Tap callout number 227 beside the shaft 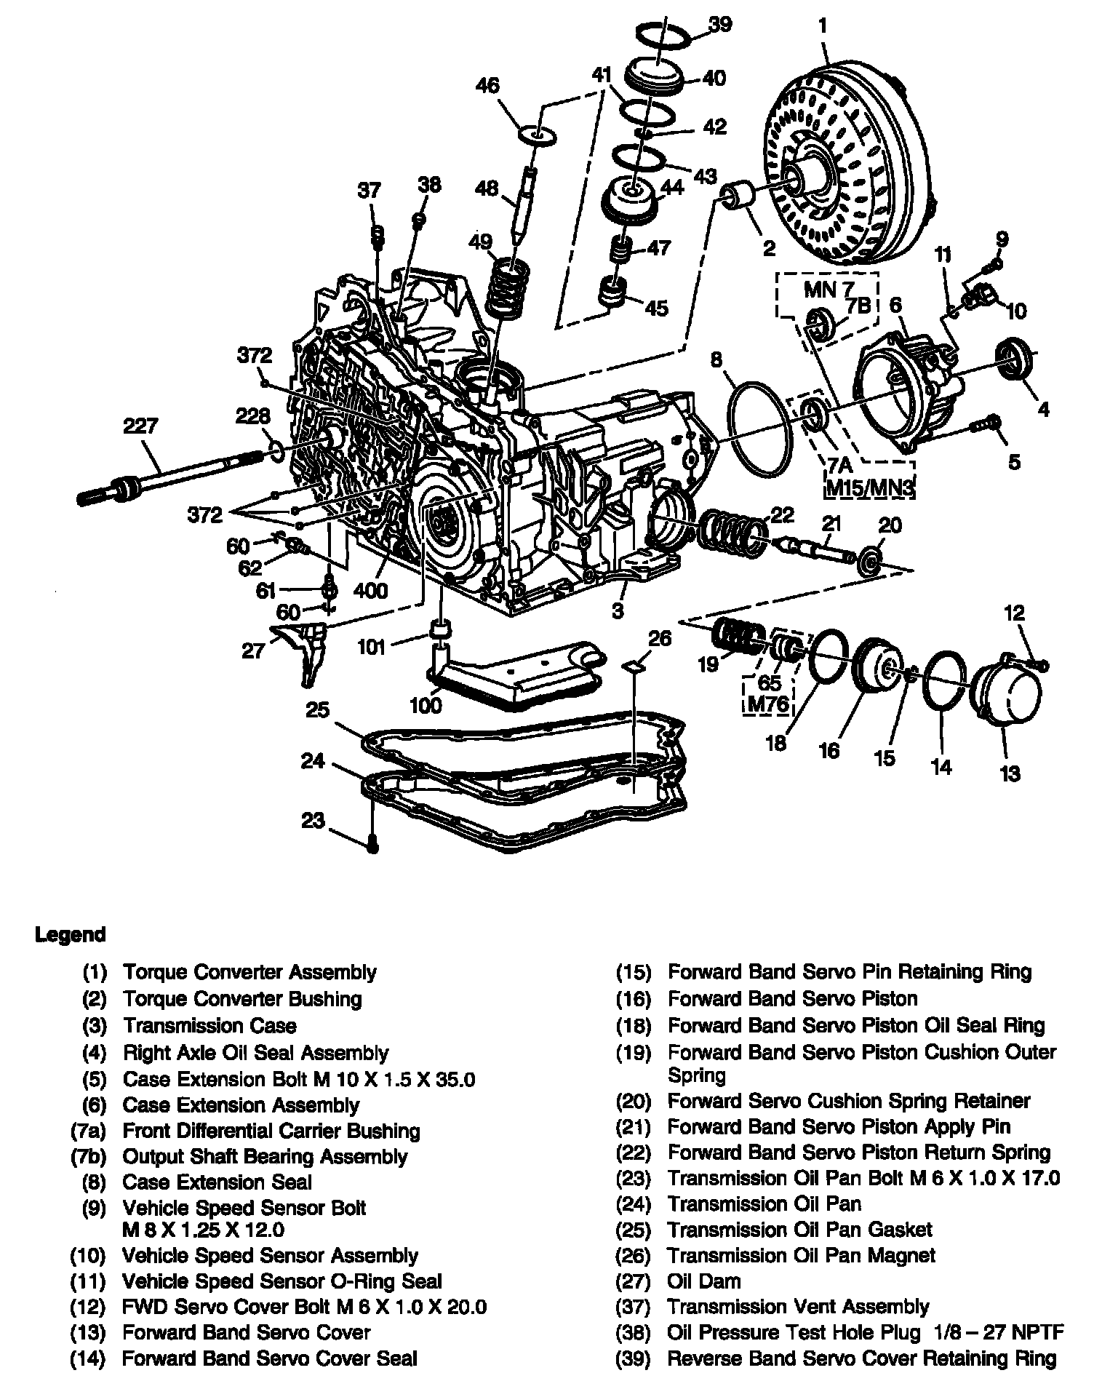[140, 426]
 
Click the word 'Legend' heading [71, 935]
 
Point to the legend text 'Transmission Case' [209, 1026]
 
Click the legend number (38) [632, 1332]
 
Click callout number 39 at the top [719, 24]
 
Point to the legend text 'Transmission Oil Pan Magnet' [801, 1255]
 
